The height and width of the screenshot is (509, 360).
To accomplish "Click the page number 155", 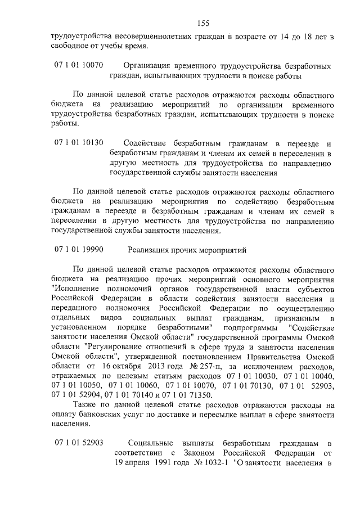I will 203,23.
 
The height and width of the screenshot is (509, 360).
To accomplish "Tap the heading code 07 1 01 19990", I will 79,249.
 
